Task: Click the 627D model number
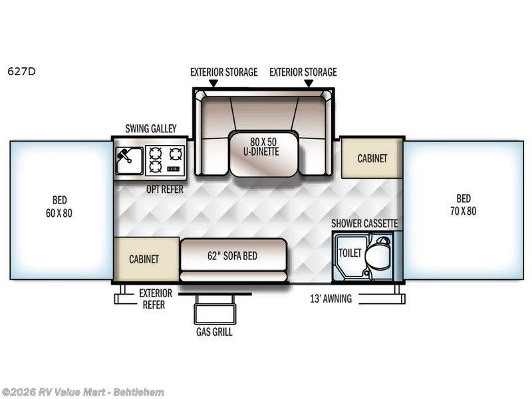[21, 72]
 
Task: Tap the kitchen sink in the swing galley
[129, 161]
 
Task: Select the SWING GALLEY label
[151, 128]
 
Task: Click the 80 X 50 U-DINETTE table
[264, 154]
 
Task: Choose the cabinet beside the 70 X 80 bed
[372, 158]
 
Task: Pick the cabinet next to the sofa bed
[146, 259]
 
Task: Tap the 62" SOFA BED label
[232, 255]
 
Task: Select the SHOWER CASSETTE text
[364, 223]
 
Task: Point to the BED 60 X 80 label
[59, 206]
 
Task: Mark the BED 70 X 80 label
[463, 205]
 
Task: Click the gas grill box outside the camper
[215, 313]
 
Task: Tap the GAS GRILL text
[214, 331]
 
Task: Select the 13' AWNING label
[331, 299]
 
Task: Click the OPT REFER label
[165, 189]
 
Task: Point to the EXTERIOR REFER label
[156, 299]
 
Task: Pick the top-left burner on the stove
[155, 153]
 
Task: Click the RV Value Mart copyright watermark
[82, 392]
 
